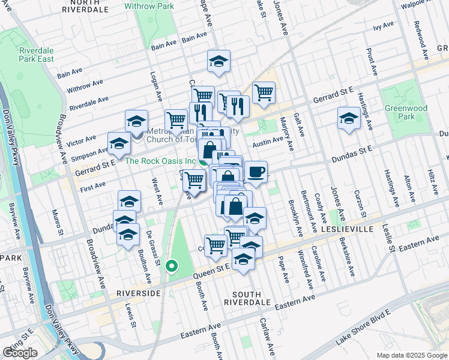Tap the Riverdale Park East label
(37, 55)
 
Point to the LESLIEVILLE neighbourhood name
(355, 229)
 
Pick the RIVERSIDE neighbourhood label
(139, 293)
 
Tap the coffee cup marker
(256, 172)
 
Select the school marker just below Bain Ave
(219, 60)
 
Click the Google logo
(20, 353)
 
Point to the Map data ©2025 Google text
(412, 355)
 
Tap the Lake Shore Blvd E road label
(363, 327)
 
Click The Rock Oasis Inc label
(160, 161)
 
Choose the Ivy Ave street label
(383, 26)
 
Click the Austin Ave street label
(268, 142)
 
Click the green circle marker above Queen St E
(172, 266)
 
